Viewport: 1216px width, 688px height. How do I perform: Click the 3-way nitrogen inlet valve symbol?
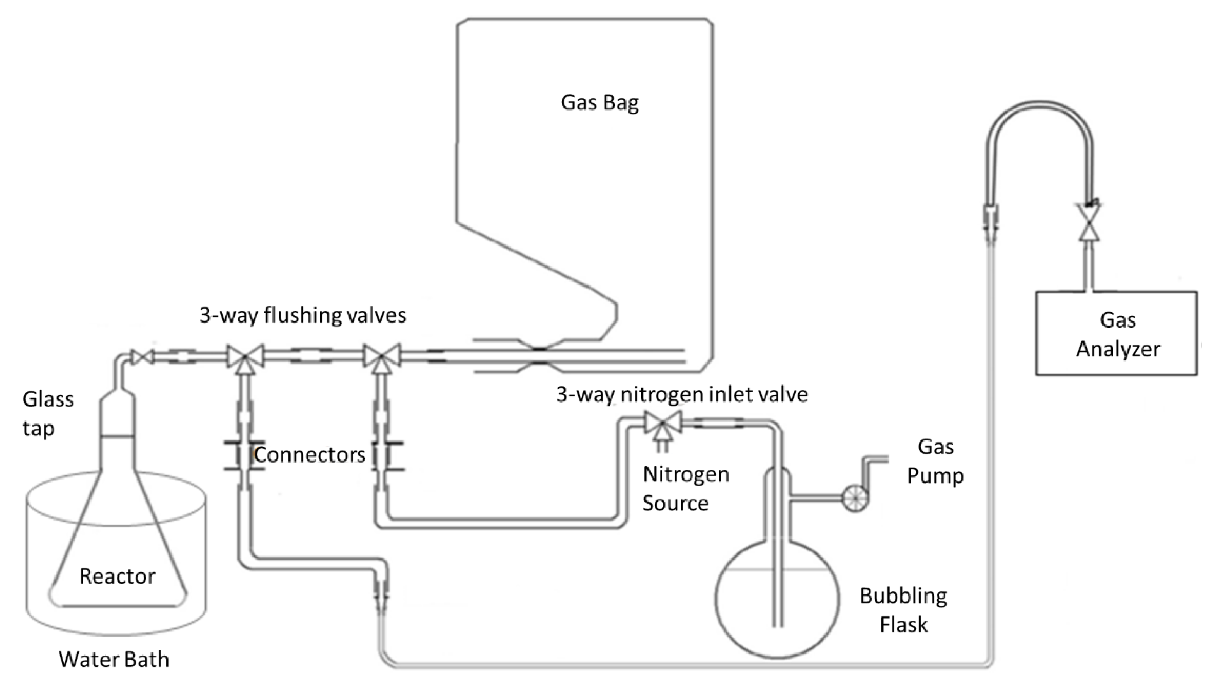coord(663,422)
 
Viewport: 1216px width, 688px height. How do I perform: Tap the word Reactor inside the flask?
coord(117,576)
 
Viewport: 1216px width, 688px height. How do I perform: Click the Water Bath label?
coord(113,659)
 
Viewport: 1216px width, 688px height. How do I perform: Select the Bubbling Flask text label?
coord(903,609)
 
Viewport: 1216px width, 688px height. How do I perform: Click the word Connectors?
coord(309,454)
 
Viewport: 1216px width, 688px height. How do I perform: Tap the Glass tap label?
coord(47,413)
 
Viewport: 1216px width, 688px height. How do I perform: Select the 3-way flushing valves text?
coord(302,315)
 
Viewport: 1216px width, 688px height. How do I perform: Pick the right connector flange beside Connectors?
coord(387,456)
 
